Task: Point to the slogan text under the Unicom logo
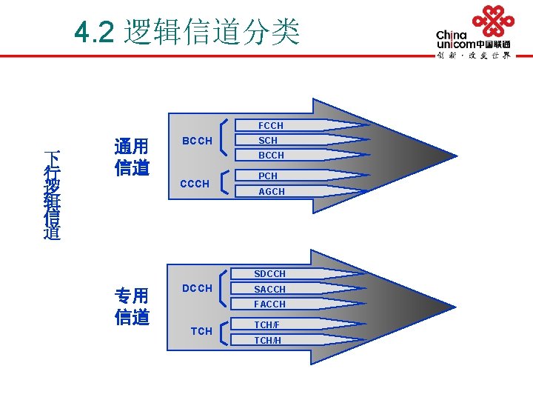(473, 55)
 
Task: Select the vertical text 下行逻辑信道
(52, 195)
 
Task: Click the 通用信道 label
(132, 156)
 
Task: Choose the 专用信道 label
(132, 305)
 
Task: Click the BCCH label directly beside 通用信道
(197, 141)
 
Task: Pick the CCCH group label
(195, 183)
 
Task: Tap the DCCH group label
(197, 288)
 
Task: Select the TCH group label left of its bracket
(201, 331)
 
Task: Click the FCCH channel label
(270, 126)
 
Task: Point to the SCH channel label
(268, 141)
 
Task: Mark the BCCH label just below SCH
(270, 156)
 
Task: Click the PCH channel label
(268, 176)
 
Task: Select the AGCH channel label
(271, 192)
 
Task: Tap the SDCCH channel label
(269, 274)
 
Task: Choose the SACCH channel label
(269, 290)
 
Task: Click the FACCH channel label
(269, 304)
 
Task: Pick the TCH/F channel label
(267, 325)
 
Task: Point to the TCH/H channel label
(267, 341)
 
